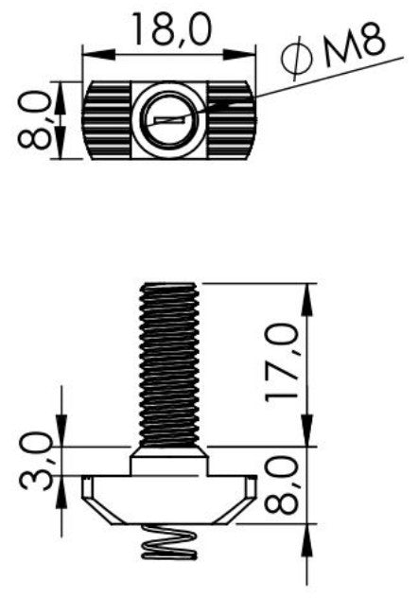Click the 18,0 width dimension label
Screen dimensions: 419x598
pyautogui.click(x=171, y=28)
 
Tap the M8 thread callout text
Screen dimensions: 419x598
pyautogui.click(x=355, y=45)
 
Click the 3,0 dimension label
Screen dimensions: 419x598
pyautogui.click(x=35, y=460)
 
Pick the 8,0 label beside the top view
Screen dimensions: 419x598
pyautogui.click(x=35, y=120)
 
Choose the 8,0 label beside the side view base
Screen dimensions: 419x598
pyautogui.click(x=282, y=484)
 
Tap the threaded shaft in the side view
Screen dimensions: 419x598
pyautogui.click(x=169, y=365)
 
